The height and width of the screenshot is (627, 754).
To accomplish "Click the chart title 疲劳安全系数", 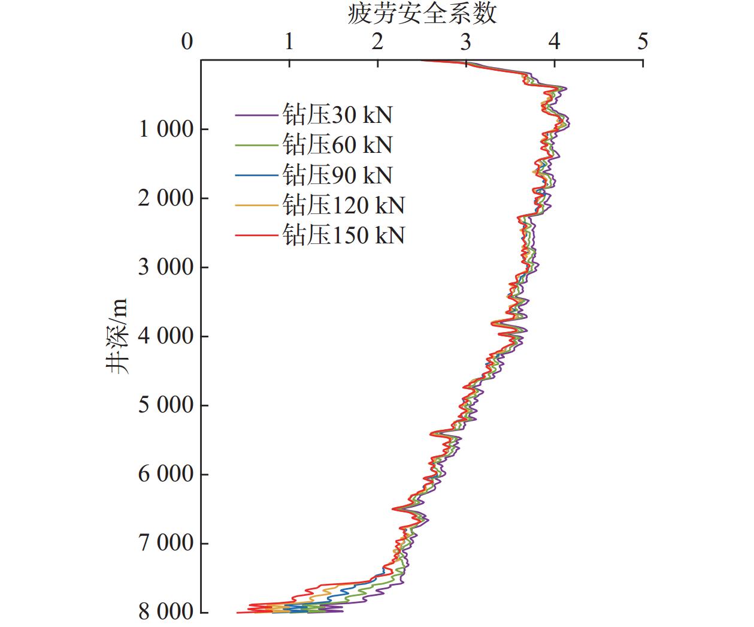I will tap(422, 13).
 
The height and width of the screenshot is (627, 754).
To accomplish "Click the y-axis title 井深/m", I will tap(118, 336).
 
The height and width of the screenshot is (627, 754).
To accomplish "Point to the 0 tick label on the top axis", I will tap(187, 42).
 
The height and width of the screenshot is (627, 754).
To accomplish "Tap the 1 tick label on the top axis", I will tap(289, 42).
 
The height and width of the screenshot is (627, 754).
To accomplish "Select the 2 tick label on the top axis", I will tap(377, 42).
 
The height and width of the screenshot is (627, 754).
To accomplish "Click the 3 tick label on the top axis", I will tap(466, 42).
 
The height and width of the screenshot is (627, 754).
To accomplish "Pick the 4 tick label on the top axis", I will tap(555, 42).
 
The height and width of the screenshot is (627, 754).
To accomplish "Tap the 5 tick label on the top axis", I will tap(643, 42).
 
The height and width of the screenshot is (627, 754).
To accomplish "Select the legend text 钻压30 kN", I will tap(338, 114).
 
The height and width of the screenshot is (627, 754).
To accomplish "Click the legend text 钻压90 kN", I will tap(338, 175).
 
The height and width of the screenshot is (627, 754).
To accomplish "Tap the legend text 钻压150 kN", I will tap(344, 235).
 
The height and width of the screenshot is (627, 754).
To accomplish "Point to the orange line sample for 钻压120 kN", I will tap(258, 205).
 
